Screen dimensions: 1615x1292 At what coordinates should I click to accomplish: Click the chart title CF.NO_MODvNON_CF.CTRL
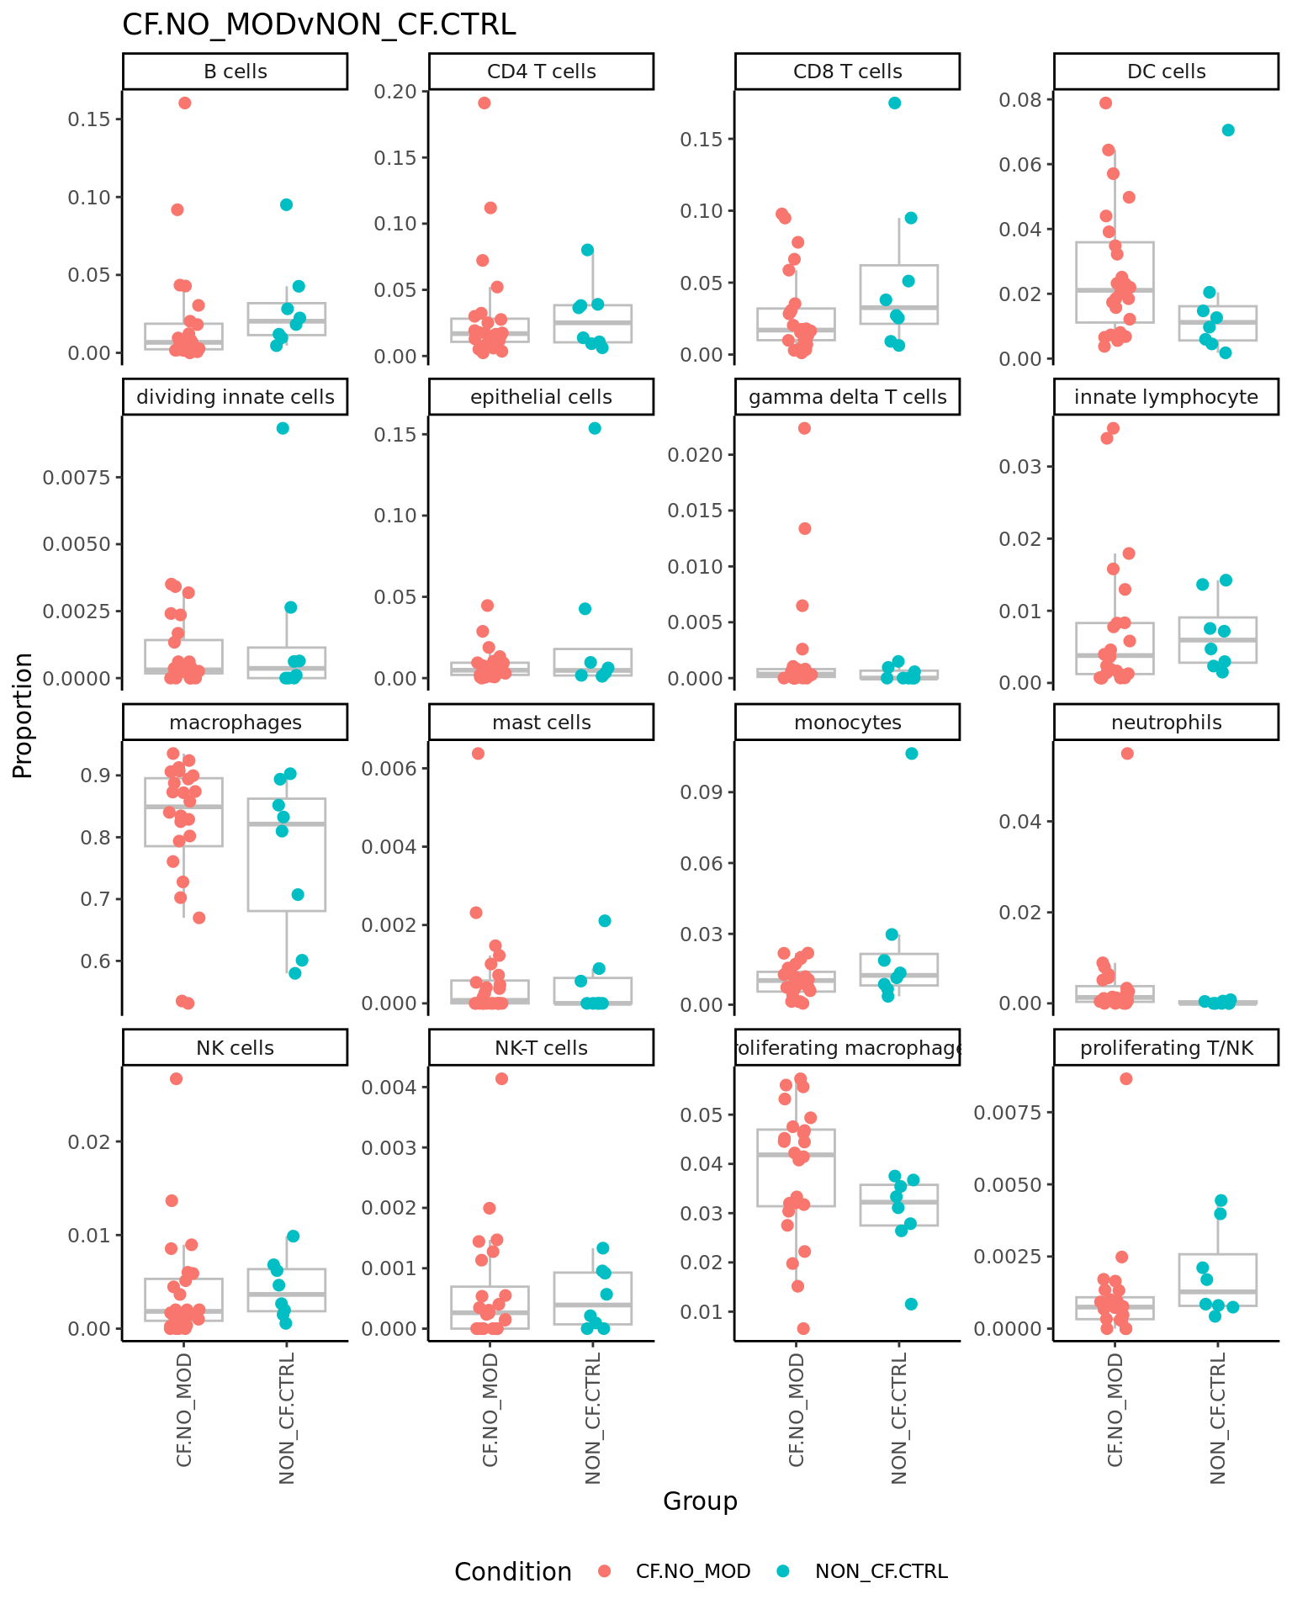(319, 25)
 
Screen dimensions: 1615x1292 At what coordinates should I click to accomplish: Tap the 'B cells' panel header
(236, 71)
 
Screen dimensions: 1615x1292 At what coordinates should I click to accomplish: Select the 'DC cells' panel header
(1166, 71)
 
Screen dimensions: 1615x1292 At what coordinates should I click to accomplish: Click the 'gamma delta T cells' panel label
(847, 397)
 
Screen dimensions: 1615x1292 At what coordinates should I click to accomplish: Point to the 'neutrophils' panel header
(1166, 723)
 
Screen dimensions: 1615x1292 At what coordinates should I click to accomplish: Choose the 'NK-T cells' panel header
(541, 1048)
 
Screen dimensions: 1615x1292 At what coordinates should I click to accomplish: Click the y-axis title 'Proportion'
(24, 715)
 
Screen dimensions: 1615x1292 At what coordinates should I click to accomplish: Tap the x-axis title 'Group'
(700, 1501)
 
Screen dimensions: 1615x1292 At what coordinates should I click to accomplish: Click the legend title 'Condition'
(512, 1572)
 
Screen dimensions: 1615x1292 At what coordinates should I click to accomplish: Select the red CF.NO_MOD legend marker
(604, 1571)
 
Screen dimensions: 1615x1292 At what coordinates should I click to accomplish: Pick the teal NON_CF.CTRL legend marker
(783, 1571)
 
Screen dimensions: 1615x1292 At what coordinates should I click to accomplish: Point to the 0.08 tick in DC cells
(1019, 100)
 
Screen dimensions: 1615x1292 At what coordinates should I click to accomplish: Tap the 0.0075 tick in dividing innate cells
(76, 478)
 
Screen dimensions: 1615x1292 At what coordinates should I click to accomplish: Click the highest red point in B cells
(185, 103)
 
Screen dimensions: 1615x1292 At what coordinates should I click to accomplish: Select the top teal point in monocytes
(912, 754)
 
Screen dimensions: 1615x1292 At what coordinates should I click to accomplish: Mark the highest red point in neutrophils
(1127, 754)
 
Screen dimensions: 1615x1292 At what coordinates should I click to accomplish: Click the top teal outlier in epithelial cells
(595, 428)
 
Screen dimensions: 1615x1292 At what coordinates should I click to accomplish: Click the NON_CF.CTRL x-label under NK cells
(287, 1418)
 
